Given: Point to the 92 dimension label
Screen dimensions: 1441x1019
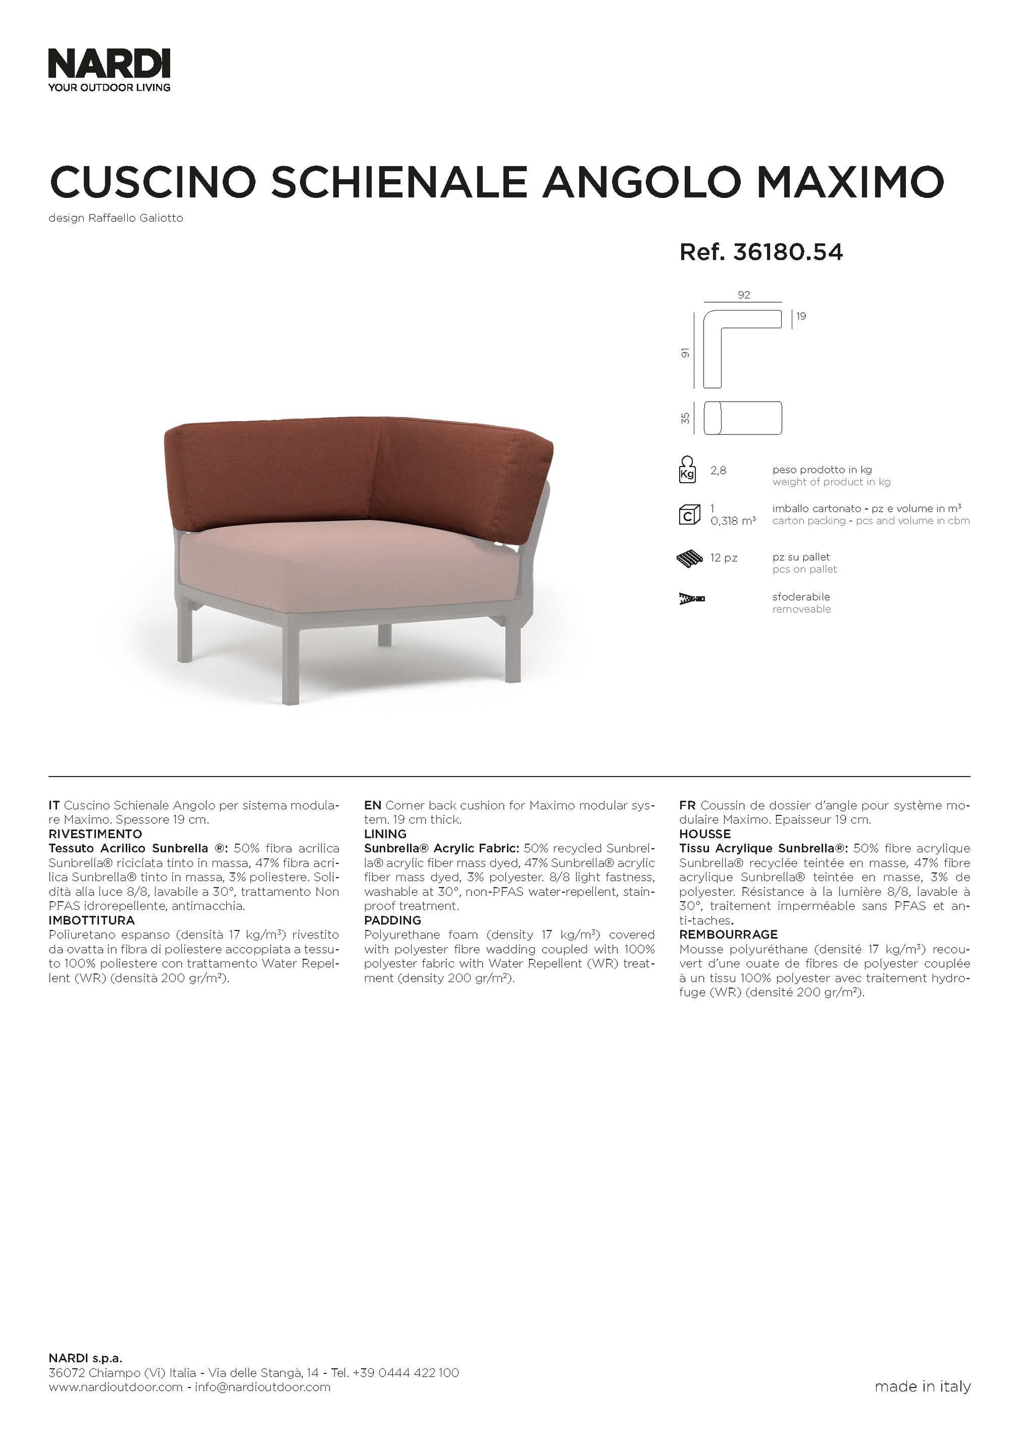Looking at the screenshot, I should (x=744, y=295).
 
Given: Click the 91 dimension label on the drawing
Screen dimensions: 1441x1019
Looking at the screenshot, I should (x=686, y=353).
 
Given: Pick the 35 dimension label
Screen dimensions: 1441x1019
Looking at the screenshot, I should (x=686, y=417).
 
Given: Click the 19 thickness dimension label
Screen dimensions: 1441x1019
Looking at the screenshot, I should (x=801, y=316).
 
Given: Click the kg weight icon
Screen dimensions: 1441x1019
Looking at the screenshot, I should (x=688, y=470).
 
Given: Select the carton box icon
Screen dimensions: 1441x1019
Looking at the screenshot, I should (x=689, y=515).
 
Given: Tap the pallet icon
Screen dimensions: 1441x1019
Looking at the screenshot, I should (x=690, y=558).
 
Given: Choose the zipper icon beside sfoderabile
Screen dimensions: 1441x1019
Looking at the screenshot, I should (x=691, y=600).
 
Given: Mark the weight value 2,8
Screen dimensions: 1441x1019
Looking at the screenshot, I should (x=718, y=470).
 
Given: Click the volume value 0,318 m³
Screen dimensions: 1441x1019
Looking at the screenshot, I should (x=733, y=521).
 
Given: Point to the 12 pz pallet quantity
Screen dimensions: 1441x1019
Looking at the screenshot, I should (x=724, y=557).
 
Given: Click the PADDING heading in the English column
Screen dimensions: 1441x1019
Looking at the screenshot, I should (x=392, y=921).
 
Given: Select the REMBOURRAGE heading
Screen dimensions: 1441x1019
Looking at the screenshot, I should (x=728, y=935).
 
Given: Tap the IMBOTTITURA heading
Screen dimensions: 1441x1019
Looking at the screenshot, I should (x=92, y=921).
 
